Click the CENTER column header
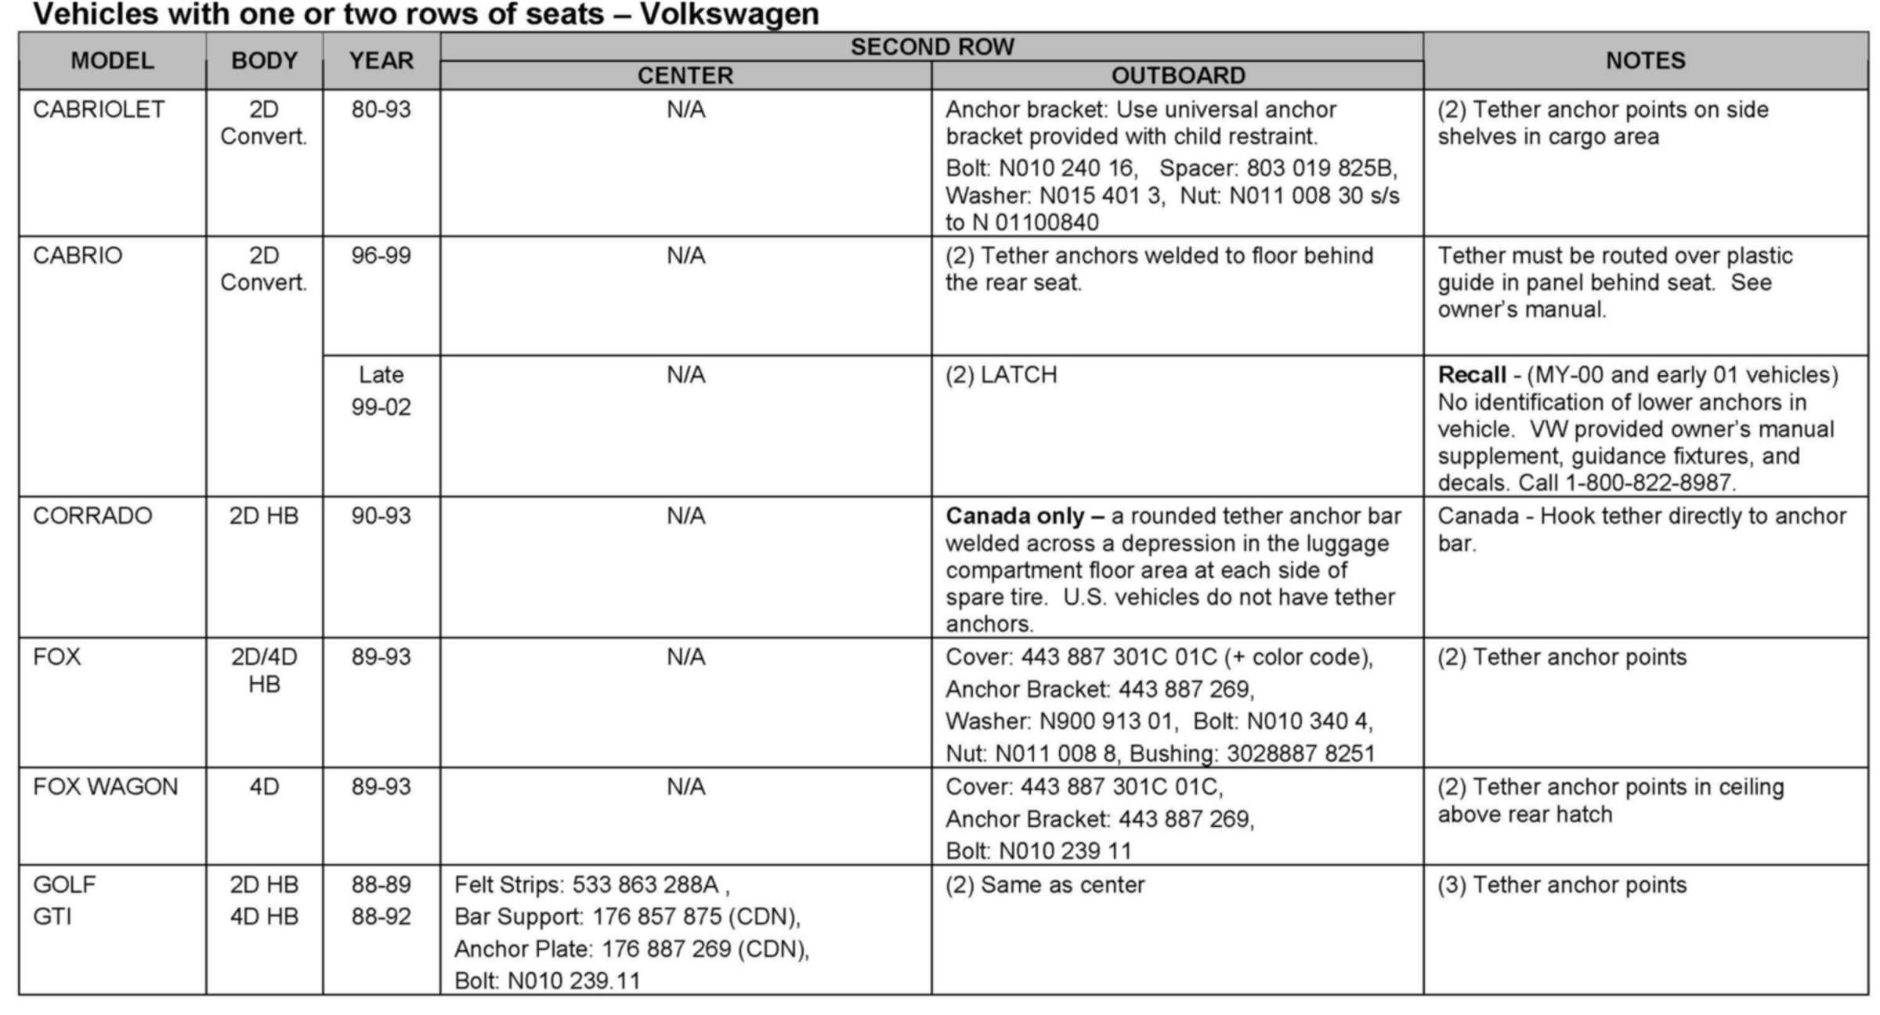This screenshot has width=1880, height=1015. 685,76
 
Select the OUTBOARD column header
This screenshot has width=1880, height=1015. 1177,76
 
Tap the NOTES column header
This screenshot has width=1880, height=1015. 1645,61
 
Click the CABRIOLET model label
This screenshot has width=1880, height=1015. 99,110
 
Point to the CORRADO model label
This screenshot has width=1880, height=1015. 92,516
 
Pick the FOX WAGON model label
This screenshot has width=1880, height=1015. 106,787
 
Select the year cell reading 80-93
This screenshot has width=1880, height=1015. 381,110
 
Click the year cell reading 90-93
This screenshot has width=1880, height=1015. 381,516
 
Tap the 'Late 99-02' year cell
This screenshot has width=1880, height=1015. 381,391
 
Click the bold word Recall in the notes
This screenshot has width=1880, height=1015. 1471,375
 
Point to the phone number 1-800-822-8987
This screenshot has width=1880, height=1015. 1650,482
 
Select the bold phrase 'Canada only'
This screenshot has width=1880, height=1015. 1015,516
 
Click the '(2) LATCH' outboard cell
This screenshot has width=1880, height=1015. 1001,375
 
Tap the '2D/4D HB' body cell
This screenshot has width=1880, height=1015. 264,670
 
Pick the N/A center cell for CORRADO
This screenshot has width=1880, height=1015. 685,516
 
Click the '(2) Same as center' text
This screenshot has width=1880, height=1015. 1045,885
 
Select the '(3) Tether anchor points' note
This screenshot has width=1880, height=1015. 1562,885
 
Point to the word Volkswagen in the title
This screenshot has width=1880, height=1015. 729,14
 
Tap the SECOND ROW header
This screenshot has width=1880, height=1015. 932,47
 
